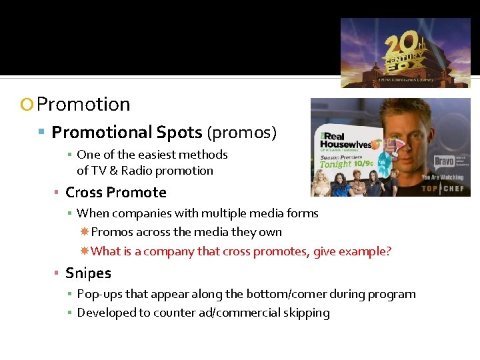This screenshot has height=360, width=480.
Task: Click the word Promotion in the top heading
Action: pos(83,105)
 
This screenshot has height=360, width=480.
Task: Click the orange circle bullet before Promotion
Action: pos(27,105)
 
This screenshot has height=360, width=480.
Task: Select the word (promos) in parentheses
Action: pos(241,133)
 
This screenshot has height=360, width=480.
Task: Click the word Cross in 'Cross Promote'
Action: pos(83,193)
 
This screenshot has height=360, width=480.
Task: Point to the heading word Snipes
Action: pos(88,273)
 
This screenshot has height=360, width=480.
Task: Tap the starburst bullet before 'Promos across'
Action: pos(85,232)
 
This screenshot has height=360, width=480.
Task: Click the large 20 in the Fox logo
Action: pos(399,45)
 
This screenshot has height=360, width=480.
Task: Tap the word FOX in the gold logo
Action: pos(408,68)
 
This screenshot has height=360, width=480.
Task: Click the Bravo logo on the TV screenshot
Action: pos(445,161)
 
